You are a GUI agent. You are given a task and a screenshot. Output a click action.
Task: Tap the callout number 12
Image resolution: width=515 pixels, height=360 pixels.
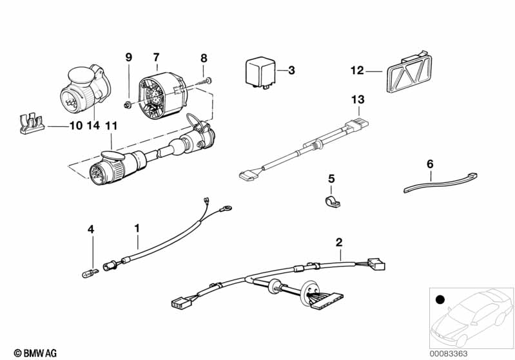coord(357,70)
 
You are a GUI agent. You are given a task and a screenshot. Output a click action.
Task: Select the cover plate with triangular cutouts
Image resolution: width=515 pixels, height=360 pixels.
coord(409,72)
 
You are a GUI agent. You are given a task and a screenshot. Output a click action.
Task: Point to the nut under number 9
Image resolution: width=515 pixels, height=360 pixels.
coord(128,105)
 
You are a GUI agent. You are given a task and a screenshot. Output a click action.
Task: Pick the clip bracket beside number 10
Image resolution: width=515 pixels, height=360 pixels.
coord(32,124)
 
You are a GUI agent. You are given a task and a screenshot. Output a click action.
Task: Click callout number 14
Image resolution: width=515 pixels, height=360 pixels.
coord(93,126)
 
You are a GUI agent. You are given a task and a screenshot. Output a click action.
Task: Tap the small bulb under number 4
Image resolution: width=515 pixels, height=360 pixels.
coord(90,272)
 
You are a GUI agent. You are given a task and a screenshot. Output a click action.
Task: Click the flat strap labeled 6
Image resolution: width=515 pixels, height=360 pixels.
coord(440,183)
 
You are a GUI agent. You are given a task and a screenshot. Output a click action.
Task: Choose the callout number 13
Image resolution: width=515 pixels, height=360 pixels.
coord(358,99)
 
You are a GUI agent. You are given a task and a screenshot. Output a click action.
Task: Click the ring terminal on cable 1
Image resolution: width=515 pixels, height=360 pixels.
coord(226,208)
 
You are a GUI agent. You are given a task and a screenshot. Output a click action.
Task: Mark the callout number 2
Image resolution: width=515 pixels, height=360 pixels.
coord(339,243)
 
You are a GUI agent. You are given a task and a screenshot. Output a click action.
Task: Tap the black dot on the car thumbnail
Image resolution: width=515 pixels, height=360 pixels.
coord(440,299)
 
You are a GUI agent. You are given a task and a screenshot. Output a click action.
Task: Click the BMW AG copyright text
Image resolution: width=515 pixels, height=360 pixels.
coord(35,354)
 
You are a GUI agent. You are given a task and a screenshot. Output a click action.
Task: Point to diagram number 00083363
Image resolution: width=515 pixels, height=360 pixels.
coord(449,354)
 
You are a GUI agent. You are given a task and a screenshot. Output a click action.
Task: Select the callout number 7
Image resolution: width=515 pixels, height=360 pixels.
coord(156,57)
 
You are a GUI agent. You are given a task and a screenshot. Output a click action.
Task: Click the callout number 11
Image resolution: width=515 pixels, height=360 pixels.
coord(111,126)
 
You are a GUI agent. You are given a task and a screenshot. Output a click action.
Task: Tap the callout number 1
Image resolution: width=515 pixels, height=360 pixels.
coord(137,228)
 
